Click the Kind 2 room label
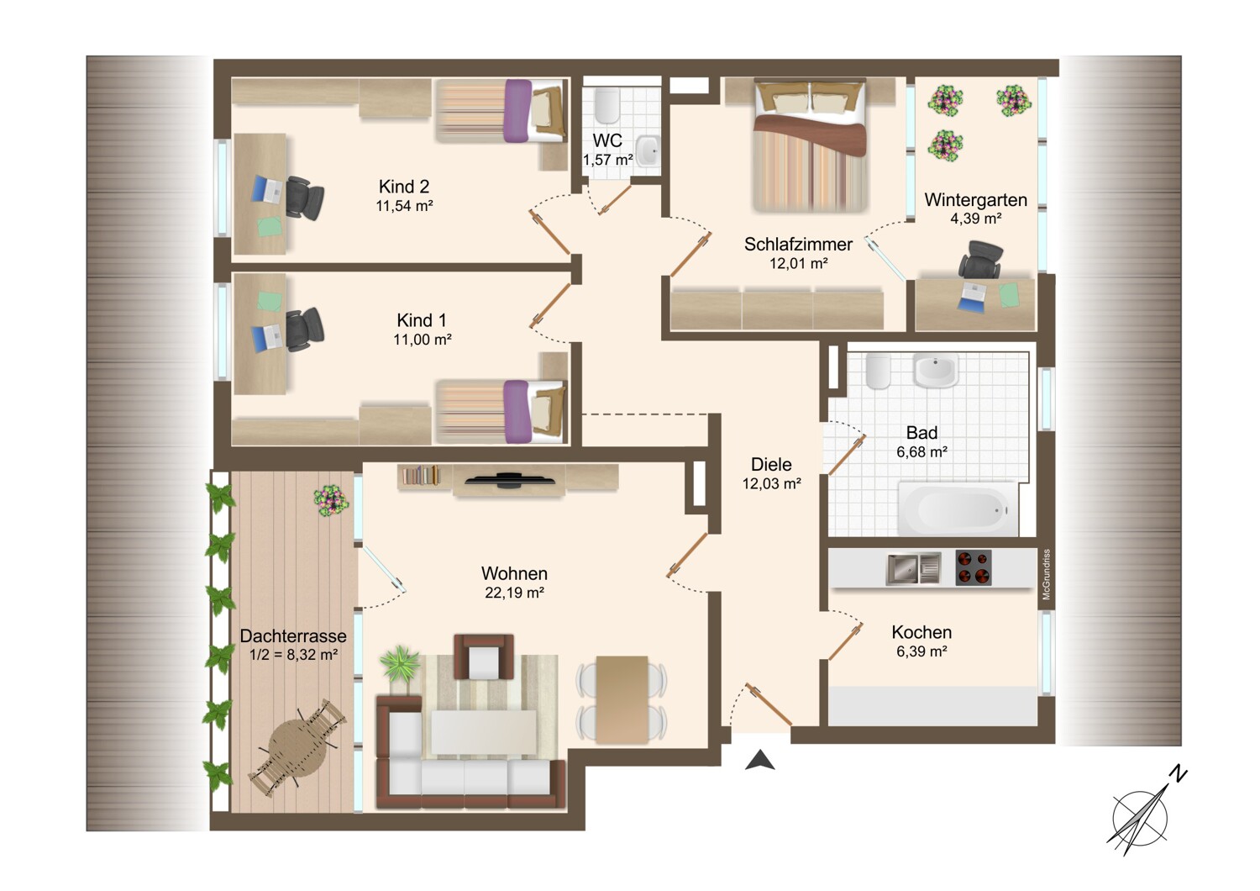(x=404, y=187)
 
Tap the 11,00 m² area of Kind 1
(x=423, y=340)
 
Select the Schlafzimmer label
(x=798, y=245)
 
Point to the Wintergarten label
(x=975, y=200)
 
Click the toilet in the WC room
(x=606, y=105)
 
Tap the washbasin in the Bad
(x=935, y=371)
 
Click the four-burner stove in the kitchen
(x=973, y=568)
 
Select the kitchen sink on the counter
(x=914, y=569)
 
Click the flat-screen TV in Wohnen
(x=510, y=480)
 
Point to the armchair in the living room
(x=484, y=656)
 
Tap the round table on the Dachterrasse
(x=297, y=748)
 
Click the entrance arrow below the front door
(x=760, y=760)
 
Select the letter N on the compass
(x=1178, y=774)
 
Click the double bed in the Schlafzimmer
(x=810, y=145)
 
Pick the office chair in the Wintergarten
(x=980, y=260)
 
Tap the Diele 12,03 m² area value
(x=771, y=483)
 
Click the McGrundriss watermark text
(x=1047, y=575)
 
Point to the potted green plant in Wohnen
(x=399, y=664)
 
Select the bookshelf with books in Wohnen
(x=420, y=476)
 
